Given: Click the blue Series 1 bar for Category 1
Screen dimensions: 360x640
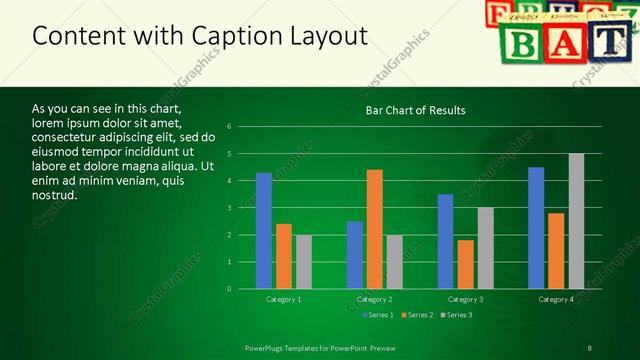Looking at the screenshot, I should pos(263,231).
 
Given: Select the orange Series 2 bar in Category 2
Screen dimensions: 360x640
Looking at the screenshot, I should pos(375,229).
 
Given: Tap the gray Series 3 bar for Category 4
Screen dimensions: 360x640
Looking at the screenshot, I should pos(576,221).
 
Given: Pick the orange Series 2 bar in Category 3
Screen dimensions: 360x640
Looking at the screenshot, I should pos(466,264).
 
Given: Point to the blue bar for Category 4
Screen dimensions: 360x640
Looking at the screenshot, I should pos(536,228).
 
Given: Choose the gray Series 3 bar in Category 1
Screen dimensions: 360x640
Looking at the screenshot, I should pos(303,262).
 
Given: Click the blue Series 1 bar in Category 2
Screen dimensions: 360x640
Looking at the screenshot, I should pos(355,255).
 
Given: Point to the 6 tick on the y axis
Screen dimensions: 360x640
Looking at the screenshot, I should pos(230,127).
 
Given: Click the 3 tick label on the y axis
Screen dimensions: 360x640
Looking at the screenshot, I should pos(230,208).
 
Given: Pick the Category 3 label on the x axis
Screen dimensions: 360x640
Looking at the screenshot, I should pos(465,299).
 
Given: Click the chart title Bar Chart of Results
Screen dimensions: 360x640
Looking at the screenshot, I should pos(415,110).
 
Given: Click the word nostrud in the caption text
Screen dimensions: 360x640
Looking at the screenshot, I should pos(54,194).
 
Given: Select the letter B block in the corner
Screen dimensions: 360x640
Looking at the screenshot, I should pos(521,41).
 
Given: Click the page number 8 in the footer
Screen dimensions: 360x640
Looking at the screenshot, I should pos(590,347).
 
